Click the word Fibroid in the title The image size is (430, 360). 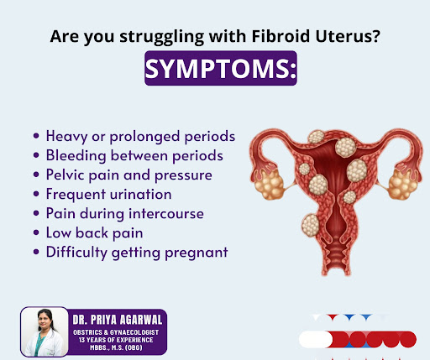[x=281, y=36]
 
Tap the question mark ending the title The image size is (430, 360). [x=376, y=36]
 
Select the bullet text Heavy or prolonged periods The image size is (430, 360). [x=140, y=137]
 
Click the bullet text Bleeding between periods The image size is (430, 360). [x=134, y=155]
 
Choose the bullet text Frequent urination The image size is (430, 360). [x=109, y=194]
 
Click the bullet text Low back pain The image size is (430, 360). [x=95, y=233]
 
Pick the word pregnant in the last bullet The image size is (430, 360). [x=197, y=253]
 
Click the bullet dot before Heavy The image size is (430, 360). [x=36, y=136]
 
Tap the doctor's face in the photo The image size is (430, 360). [x=45, y=320]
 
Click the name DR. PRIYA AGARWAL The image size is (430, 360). [x=118, y=320]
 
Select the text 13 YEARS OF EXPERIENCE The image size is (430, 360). [x=116, y=340]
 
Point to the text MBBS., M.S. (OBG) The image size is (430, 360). [x=116, y=347]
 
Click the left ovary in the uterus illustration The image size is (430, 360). [x=270, y=185]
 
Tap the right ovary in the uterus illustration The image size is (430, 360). [x=402, y=185]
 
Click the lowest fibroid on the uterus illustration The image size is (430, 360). [x=311, y=225]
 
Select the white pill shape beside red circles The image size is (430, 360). [x=316, y=340]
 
